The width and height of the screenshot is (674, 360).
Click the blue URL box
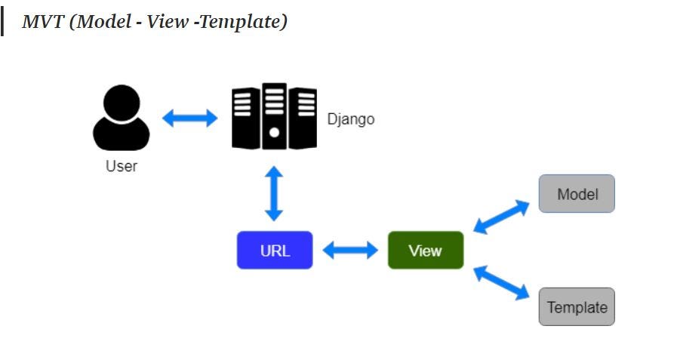point(275,251)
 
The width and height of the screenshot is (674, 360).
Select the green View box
point(425,251)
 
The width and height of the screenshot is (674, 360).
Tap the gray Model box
point(577,194)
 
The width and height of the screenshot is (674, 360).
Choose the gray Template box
point(577,307)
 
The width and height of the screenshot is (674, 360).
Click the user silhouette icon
point(122,121)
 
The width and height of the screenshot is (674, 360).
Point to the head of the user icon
point(122,102)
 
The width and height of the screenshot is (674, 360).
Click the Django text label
point(350,119)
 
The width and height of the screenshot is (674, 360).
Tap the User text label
point(122,166)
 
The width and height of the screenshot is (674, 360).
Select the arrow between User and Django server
point(190,118)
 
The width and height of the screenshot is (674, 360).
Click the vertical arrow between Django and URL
point(274,194)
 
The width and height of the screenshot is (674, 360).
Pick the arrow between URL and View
point(350,251)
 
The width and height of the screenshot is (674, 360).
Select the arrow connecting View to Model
point(501,217)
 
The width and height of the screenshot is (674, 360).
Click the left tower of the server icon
point(244,118)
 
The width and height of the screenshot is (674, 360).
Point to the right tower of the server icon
point(303,118)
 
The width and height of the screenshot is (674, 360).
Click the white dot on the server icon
point(274,132)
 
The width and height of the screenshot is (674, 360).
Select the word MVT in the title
point(40,22)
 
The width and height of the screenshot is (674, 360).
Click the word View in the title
point(167,22)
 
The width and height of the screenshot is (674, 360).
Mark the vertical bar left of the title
point(2,22)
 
